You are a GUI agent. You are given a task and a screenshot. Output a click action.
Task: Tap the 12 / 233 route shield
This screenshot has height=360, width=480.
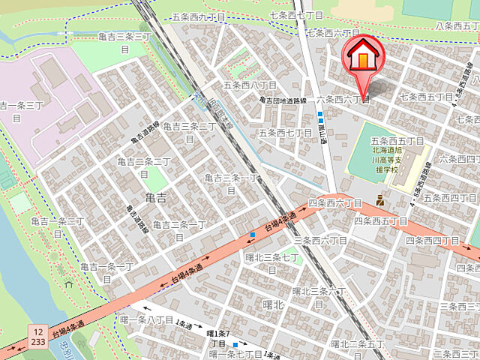click(x=37, y=334)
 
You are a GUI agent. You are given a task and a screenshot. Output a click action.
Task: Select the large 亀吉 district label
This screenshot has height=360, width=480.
click(x=156, y=198)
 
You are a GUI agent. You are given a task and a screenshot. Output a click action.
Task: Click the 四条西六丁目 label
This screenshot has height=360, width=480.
click(x=336, y=203)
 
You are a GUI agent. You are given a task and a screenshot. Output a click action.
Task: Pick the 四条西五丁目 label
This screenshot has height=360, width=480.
click(x=381, y=221)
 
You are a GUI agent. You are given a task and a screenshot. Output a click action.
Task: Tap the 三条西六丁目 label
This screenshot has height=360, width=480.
click(x=320, y=240)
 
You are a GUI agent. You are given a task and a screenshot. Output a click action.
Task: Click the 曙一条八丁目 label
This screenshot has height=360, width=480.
click(x=147, y=319)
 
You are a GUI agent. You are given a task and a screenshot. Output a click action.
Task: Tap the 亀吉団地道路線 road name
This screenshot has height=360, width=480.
click(x=283, y=100)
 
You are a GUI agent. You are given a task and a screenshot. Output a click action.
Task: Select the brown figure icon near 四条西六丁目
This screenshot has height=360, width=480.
click(x=380, y=200)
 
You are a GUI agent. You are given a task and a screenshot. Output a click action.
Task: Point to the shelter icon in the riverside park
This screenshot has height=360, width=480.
click(x=68, y=283)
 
